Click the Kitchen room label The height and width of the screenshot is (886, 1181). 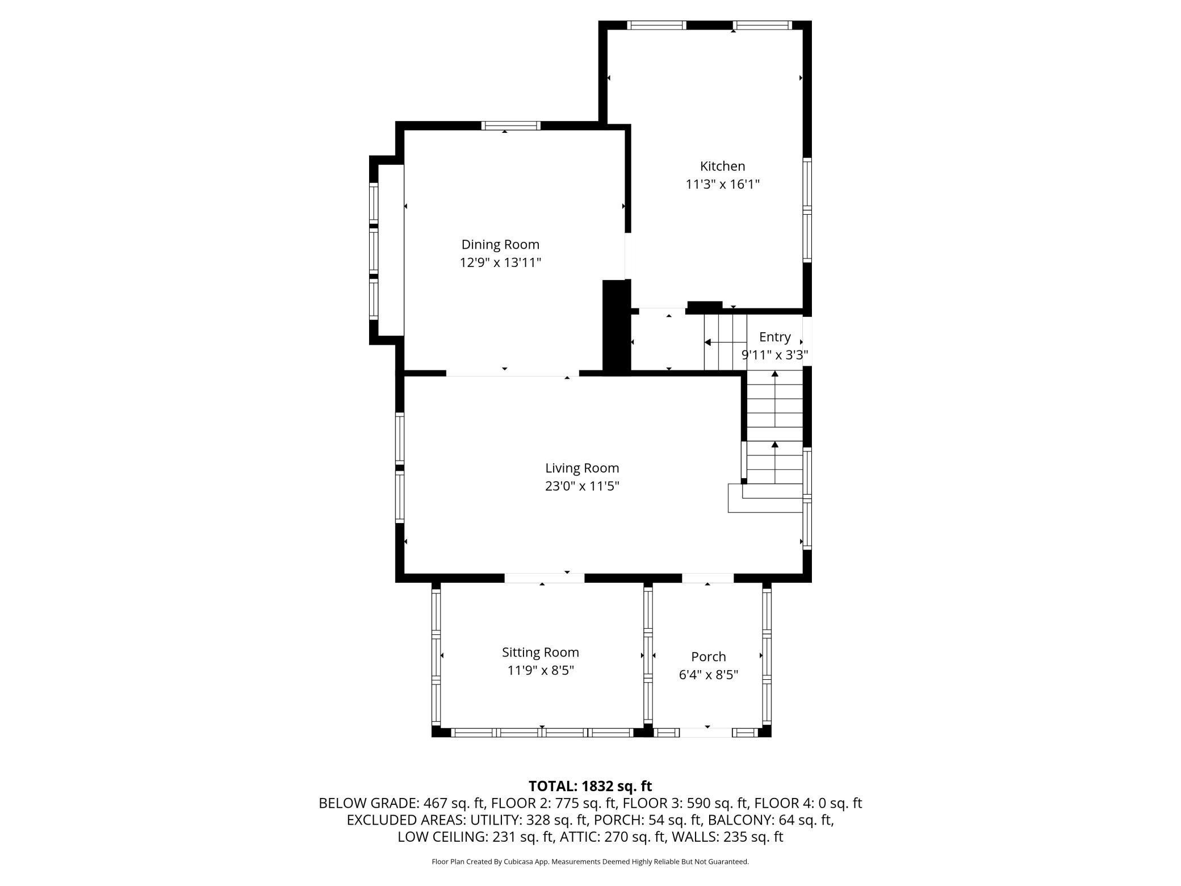click(x=722, y=166)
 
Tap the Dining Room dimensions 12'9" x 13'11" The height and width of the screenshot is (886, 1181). click(x=500, y=262)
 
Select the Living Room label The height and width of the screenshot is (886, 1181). click(x=582, y=468)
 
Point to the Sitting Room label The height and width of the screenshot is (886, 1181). click(x=540, y=652)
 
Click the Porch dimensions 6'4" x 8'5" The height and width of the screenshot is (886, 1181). click(x=708, y=675)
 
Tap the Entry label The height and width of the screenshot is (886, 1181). click(x=774, y=337)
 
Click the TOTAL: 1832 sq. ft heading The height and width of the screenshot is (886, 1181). click(x=590, y=786)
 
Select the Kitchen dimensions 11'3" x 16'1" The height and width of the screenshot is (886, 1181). click(x=722, y=185)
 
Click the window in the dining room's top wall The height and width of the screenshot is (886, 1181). click(x=510, y=126)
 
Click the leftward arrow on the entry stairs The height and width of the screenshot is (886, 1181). click(x=708, y=342)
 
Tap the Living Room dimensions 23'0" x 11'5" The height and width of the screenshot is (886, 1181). click(x=582, y=486)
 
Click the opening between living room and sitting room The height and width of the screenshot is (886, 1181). click(x=544, y=578)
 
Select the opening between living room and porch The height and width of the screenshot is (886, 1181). click(x=707, y=578)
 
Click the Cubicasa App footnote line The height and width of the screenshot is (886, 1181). click(x=590, y=862)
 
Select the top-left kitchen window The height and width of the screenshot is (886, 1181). click(x=656, y=25)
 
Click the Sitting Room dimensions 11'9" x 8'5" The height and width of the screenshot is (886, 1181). click(x=540, y=670)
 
